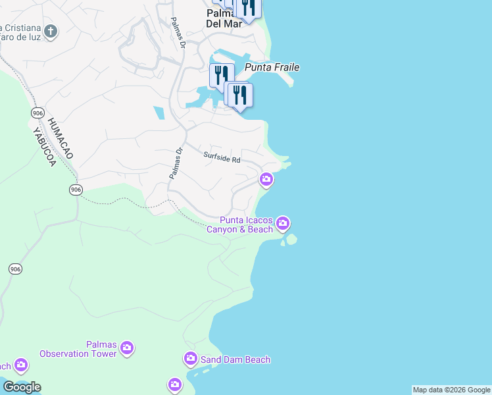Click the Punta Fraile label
pos(272,67)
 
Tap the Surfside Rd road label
pos(222,158)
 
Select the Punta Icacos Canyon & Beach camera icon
pos(283,224)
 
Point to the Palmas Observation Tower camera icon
pos(127,347)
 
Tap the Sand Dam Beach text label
pos(235,359)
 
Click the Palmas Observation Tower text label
pos(78,349)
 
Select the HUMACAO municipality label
pos(60,138)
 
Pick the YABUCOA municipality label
pos(43,145)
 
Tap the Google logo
pos(21,387)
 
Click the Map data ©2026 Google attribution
pos(451,390)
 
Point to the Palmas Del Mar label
pos(224,18)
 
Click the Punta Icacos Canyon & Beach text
pos(241,224)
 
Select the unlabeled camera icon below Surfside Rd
pos(266,178)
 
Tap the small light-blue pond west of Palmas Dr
pos(159,113)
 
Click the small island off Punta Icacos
pos(291,240)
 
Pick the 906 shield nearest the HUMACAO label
pos(37,113)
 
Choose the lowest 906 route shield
pos(15,269)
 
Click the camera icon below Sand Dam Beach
pos(174,384)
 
